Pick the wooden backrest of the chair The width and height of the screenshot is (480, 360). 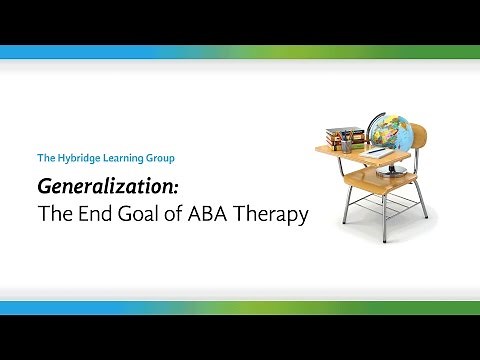(421, 144)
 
